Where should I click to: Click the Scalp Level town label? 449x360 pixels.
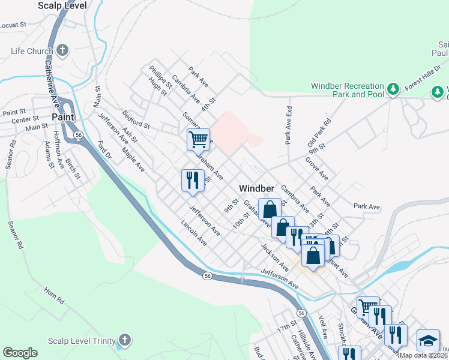click(62, 5)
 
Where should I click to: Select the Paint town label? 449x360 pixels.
click(62, 117)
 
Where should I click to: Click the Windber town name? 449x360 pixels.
click(256, 188)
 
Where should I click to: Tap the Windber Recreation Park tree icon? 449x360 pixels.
click(393, 89)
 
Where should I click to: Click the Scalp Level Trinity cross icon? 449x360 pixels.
click(124, 340)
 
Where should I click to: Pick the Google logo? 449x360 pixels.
click(20, 353)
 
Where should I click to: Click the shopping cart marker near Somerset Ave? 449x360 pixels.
click(198, 139)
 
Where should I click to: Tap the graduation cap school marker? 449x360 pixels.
click(429, 340)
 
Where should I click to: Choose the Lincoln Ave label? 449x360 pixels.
click(194, 234)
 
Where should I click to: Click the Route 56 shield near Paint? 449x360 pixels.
click(79, 136)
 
